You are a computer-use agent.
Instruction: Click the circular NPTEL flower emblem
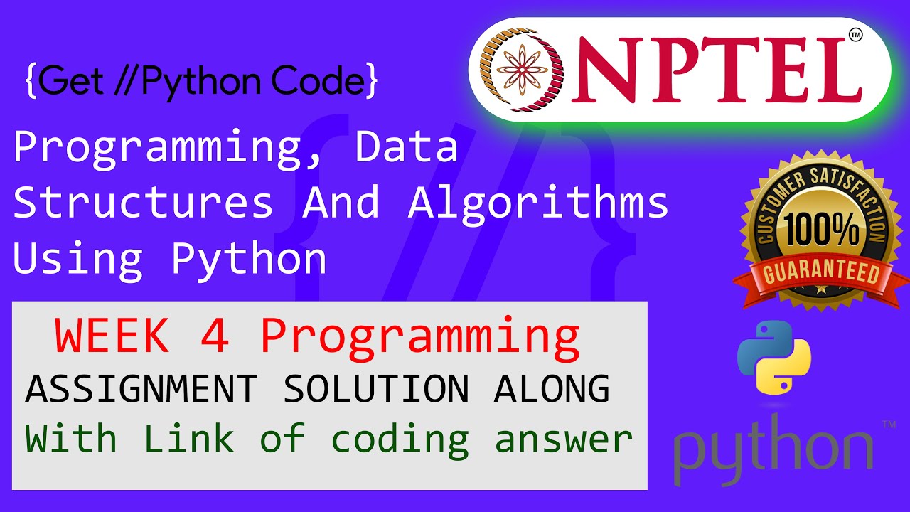521,70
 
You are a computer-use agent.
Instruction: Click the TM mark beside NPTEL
855,35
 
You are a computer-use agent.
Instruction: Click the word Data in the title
407,146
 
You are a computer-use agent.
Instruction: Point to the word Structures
143,201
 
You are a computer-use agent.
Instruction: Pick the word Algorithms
538,201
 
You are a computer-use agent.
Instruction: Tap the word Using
78,260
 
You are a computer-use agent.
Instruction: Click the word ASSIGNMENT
141,389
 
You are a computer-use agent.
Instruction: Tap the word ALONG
552,389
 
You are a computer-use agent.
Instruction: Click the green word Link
188,438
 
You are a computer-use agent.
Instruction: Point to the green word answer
564,442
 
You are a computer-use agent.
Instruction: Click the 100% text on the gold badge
822,230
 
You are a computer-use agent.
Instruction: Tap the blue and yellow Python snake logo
774,358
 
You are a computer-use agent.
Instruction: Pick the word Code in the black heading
318,80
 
